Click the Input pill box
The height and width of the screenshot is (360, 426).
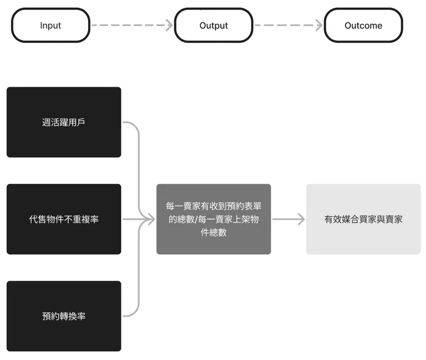click(x=51, y=25)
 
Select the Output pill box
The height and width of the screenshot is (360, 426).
click(x=214, y=25)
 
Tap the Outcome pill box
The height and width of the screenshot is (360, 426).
click(x=363, y=25)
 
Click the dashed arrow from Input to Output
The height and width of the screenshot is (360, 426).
click(x=132, y=25)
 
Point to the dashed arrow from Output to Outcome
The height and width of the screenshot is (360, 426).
click(x=288, y=25)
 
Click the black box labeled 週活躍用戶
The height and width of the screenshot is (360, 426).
click(x=64, y=122)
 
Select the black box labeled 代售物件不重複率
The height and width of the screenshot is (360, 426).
click(x=64, y=219)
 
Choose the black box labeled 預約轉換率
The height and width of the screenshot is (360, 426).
click(x=64, y=316)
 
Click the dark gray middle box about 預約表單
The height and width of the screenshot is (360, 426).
click(x=214, y=219)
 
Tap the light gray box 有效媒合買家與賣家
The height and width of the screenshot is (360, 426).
click(x=363, y=219)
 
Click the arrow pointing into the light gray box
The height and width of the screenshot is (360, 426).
click(x=288, y=219)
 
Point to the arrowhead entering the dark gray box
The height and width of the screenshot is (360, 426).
click(x=151, y=219)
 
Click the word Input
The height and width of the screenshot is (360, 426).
click(x=51, y=25)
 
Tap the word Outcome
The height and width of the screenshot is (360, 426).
click(x=363, y=25)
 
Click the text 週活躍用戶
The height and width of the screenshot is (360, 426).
click(x=64, y=122)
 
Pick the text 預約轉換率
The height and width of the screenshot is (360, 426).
click(x=64, y=316)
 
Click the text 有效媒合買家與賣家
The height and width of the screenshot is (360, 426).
click(x=363, y=219)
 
